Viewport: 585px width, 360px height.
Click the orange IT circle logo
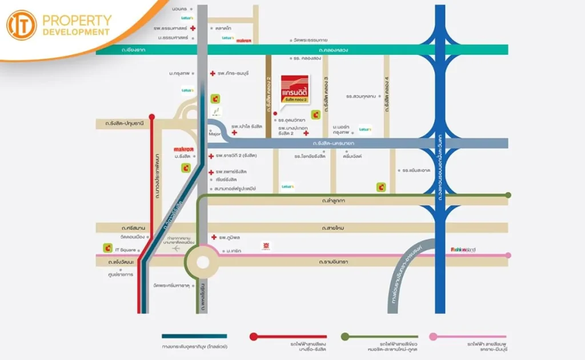[x=21, y=25]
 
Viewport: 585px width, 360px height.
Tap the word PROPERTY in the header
[x=77, y=20]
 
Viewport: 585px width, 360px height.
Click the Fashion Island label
[x=463, y=249]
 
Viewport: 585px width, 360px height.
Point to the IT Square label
[x=125, y=249]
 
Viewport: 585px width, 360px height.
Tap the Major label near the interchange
[x=215, y=135]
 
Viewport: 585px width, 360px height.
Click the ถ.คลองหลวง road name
[x=335, y=50]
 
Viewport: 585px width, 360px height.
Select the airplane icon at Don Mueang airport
[x=175, y=249]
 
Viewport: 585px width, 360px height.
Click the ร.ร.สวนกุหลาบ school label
[x=360, y=97]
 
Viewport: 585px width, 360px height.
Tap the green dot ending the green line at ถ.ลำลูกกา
[x=508, y=195]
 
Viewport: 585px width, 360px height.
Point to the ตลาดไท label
[x=223, y=27]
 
